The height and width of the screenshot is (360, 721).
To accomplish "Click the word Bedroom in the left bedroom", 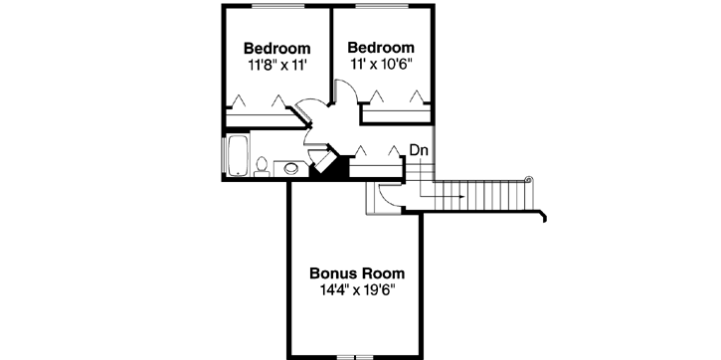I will [277, 48].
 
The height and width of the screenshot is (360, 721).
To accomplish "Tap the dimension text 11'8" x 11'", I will [277, 65].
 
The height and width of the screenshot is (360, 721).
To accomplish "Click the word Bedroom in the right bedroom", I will [381, 47].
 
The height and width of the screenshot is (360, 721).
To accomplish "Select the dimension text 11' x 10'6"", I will [381, 64].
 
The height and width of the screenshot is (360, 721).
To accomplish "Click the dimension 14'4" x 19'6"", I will [357, 291].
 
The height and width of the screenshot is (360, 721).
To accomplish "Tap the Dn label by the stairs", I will [419, 150].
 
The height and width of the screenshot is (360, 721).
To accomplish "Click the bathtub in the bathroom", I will [238, 157].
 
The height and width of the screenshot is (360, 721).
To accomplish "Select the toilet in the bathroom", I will [261, 166].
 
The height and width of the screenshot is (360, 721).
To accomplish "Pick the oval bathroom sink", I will [290, 168].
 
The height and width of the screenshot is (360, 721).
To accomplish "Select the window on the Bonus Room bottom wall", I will [355, 356].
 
